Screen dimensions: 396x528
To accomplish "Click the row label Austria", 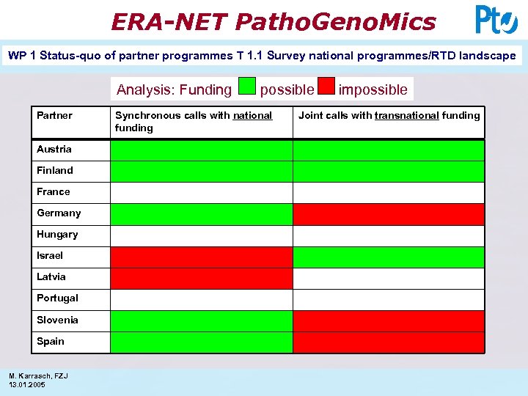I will (x=54, y=150).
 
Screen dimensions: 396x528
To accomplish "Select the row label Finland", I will (x=55, y=171).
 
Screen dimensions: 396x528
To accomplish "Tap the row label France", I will (x=54, y=192).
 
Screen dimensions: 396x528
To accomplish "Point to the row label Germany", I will (x=59, y=213).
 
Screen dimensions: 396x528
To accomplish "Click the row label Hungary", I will (x=57, y=235).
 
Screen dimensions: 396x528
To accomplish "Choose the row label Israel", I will (x=50, y=256).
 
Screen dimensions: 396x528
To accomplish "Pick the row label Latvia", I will (x=51, y=277).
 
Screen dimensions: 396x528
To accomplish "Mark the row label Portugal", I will (x=57, y=298).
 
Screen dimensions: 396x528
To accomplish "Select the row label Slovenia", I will (x=57, y=320).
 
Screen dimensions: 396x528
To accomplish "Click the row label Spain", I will (x=51, y=342).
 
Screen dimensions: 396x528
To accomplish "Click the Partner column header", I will (x=55, y=116).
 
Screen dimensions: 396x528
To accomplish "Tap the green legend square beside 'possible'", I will (x=248, y=87).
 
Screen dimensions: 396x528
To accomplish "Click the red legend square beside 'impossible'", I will (x=326, y=87).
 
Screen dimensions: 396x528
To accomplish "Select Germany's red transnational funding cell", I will (x=389, y=214).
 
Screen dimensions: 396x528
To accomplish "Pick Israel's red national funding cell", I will (x=201, y=257).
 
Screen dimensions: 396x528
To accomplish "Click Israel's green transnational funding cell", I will (x=389, y=257).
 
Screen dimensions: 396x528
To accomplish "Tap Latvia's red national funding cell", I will (x=201, y=278).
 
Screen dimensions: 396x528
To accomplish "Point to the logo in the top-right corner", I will (x=496, y=20).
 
